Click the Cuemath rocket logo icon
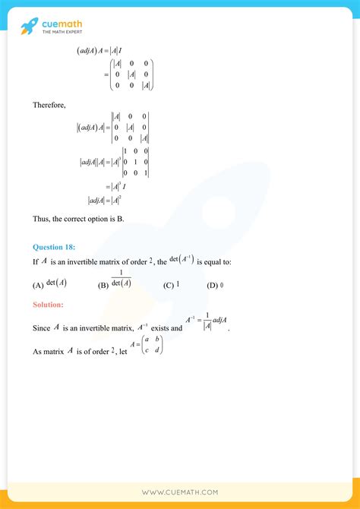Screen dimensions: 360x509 [x=29, y=28]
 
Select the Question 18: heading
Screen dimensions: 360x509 [x=54, y=247]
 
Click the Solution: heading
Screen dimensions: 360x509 [x=49, y=305]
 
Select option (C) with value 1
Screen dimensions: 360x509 [x=172, y=285]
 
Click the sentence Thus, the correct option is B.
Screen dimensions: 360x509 [x=80, y=219]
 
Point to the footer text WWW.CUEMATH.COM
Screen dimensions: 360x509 [x=180, y=492]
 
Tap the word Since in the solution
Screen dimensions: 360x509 [x=41, y=329]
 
